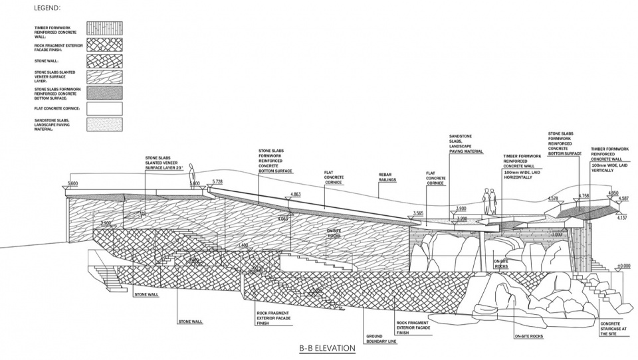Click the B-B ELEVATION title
327,347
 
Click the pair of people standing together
489,200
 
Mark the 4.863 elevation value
297,195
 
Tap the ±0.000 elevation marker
623,266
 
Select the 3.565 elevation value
418,213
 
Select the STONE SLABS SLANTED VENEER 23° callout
162,163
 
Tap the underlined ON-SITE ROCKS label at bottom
528,336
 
